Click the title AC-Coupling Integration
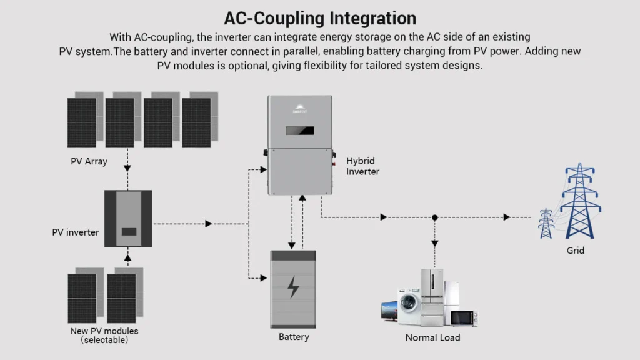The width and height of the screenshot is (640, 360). pyautogui.click(x=319, y=17)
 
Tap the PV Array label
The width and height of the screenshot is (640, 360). pyautogui.click(x=89, y=161)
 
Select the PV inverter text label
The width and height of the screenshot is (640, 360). pyautogui.click(x=75, y=232)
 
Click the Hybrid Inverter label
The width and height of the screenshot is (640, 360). pyautogui.click(x=362, y=166)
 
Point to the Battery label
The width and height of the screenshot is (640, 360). pyautogui.click(x=294, y=337)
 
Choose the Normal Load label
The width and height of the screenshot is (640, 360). pyautogui.click(x=432, y=337)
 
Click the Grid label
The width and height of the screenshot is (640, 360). pyautogui.click(x=575, y=251)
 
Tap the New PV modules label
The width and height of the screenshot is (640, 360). pyautogui.click(x=104, y=331)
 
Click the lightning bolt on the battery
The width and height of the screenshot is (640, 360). pyautogui.click(x=293, y=287)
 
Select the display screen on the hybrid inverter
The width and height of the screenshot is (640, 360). pyautogui.click(x=300, y=131)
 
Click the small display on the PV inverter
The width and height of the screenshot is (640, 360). pyautogui.click(x=129, y=231)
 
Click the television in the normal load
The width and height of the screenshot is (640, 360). pyautogui.click(x=389, y=311)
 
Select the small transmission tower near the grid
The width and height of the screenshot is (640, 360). pyautogui.click(x=546, y=223)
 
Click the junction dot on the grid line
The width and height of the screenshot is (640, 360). pyautogui.click(x=435, y=217)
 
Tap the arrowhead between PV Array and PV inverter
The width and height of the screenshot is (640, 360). pyautogui.click(x=127, y=167)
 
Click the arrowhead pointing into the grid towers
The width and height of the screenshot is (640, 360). pyautogui.click(x=507, y=217)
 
